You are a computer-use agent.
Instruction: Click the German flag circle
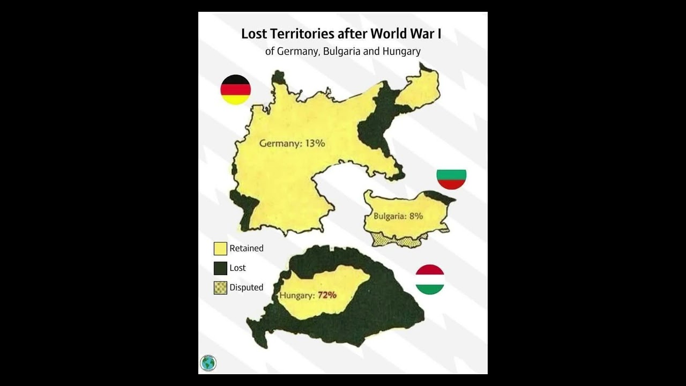tap(236, 90)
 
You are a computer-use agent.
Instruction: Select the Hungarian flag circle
tap(430, 279)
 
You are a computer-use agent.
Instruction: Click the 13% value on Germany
tap(315, 143)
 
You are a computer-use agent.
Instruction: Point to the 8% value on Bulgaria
tap(416, 216)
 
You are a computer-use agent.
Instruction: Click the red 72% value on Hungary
tap(327, 295)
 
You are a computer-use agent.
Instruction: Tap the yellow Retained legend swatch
tap(220, 249)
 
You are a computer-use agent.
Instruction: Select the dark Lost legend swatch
tap(220, 268)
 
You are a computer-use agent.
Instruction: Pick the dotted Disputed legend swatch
tap(220, 288)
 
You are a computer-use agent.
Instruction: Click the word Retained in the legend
tap(247, 248)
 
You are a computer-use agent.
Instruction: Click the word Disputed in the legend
tap(247, 287)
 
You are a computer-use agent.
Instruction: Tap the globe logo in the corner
tap(208, 363)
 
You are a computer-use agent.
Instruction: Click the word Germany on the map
tap(279, 144)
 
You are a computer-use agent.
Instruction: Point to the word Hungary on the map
tap(297, 295)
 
